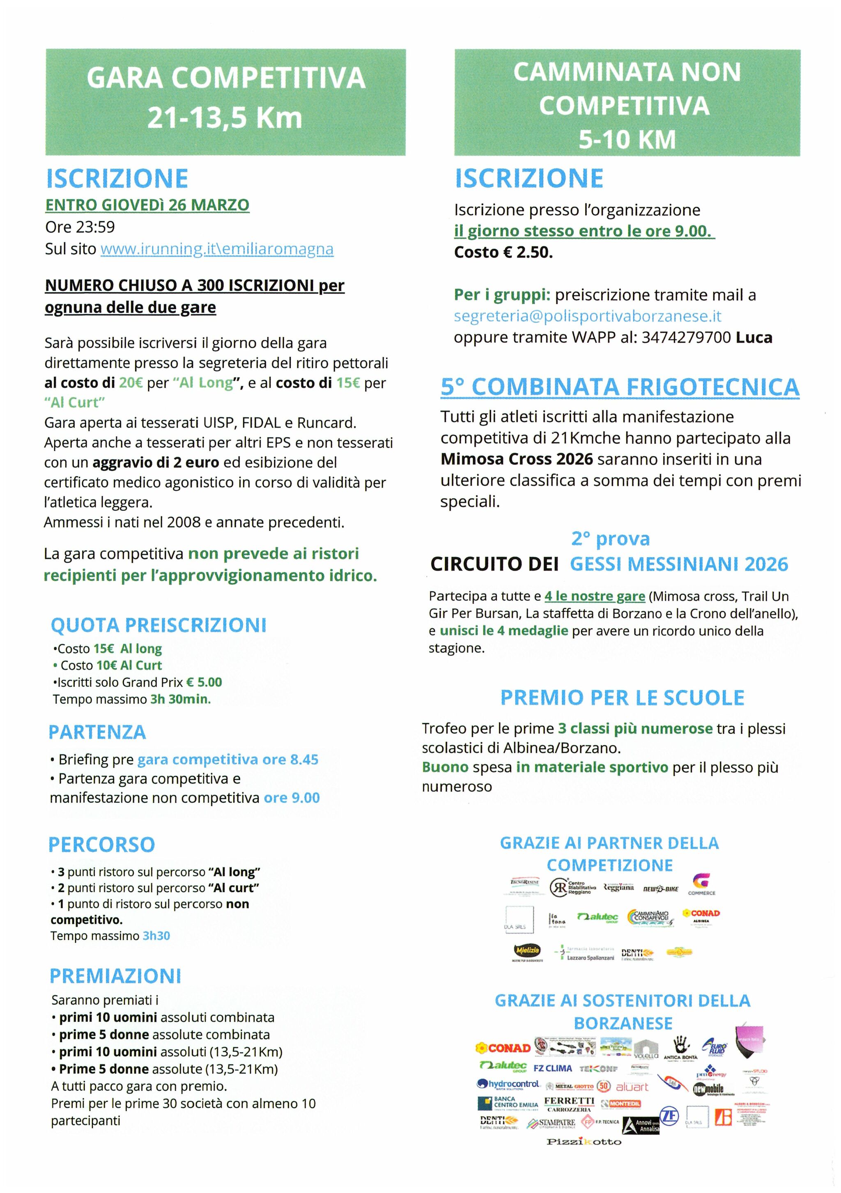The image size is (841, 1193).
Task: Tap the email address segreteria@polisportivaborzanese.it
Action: pyautogui.click(x=587, y=316)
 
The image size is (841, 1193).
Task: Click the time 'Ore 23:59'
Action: pyautogui.click(x=80, y=227)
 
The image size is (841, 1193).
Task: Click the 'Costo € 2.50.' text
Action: pyautogui.click(x=503, y=252)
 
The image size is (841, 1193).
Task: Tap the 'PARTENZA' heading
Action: pyautogui.click(x=97, y=732)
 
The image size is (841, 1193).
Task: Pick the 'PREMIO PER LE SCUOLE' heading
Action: pyautogui.click(x=622, y=697)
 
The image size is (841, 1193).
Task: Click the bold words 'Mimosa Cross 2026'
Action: pyautogui.click(x=517, y=459)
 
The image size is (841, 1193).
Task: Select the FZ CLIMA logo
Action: pyautogui.click(x=553, y=1068)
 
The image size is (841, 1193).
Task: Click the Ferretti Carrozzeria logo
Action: pyautogui.click(x=569, y=1104)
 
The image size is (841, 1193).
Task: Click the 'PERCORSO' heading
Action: pyautogui.click(x=101, y=844)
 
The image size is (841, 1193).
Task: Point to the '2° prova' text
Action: pyautogui.click(x=610, y=539)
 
